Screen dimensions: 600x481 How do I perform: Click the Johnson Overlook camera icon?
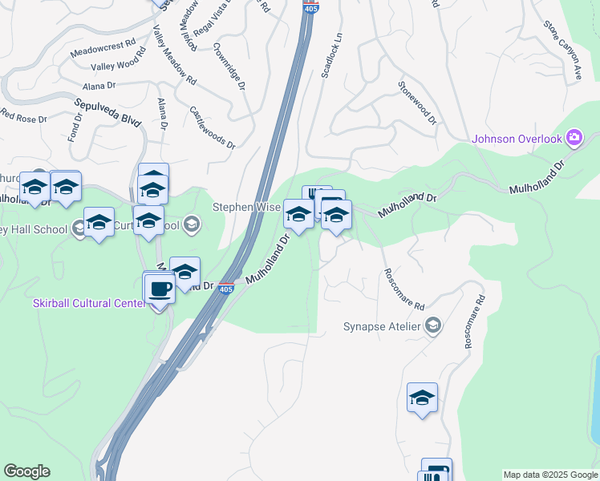click(574, 138)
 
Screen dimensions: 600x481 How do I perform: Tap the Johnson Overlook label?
click(517, 139)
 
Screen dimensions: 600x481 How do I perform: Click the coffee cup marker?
click(159, 289)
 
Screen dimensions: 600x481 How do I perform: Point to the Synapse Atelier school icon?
click(433, 325)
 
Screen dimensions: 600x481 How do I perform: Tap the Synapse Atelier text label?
click(382, 326)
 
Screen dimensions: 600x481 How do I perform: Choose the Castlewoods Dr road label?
click(212, 128)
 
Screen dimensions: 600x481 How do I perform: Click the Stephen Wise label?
click(245, 207)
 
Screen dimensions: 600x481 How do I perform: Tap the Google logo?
click(26, 471)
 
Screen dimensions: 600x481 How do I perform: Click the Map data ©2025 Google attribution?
click(549, 475)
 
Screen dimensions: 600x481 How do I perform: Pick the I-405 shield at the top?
click(311, 6)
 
